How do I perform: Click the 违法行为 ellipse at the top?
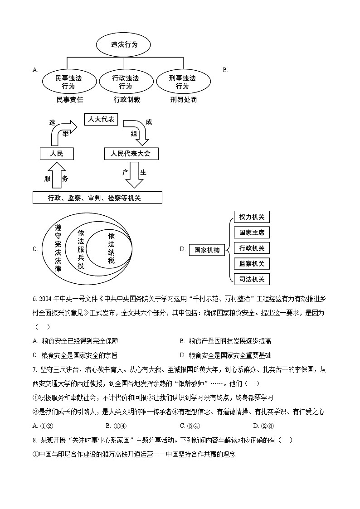click(124, 45)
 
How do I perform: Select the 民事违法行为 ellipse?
click(68, 82)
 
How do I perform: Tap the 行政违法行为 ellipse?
click(125, 82)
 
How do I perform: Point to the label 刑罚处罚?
click(184, 100)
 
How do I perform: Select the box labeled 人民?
click(56, 154)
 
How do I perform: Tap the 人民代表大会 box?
click(131, 154)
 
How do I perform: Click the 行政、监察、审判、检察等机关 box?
click(97, 198)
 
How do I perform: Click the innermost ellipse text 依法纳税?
click(112, 248)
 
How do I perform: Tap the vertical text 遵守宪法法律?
click(58, 248)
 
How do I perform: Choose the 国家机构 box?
click(207, 250)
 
